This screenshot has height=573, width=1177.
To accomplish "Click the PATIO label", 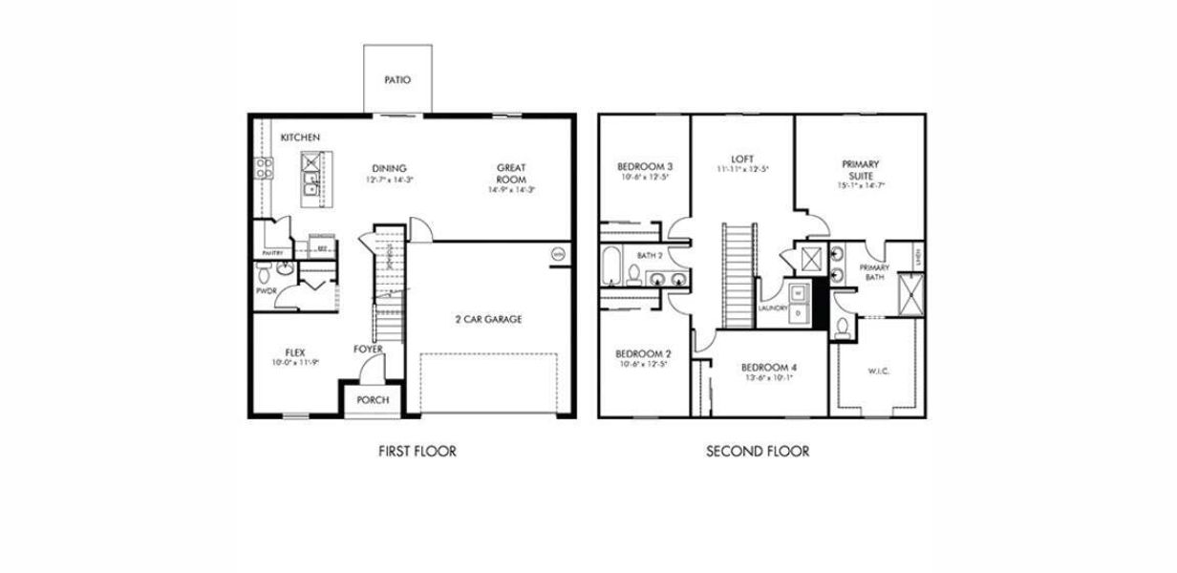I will (397, 80).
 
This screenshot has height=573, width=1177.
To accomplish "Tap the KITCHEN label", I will (300, 138).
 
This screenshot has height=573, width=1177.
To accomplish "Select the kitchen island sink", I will (310, 176).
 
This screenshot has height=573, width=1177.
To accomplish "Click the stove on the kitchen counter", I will (264, 169).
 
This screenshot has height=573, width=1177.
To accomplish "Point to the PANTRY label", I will (273, 253).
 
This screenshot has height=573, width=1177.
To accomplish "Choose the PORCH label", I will (373, 400).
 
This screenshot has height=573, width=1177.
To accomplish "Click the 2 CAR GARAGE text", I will (488, 319).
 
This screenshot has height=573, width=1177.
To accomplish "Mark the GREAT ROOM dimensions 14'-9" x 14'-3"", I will (511, 189).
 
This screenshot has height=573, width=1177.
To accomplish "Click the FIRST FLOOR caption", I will (417, 451).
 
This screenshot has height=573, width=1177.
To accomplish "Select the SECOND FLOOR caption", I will (758, 451).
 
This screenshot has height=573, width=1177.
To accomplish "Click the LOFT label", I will (742, 159).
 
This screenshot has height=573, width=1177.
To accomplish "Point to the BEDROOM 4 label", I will (768, 367).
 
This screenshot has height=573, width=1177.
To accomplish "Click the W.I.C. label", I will (878, 371).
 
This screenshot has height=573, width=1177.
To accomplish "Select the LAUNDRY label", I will (772, 308).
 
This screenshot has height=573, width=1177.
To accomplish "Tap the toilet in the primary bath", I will (843, 329).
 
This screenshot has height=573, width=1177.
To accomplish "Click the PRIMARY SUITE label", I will (861, 170).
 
